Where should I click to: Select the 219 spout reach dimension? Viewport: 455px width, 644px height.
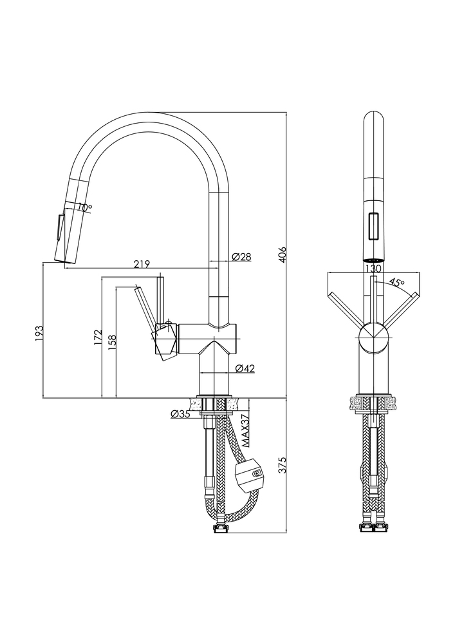tap(142, 263)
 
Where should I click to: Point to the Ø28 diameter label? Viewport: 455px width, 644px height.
tap(241, 256)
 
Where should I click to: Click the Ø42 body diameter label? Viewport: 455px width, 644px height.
tap(245, 369)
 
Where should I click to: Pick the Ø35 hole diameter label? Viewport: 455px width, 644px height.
tap(181, 415)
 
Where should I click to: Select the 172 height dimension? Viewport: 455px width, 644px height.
tap(97, 337)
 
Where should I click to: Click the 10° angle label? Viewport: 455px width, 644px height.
tap(85, 207)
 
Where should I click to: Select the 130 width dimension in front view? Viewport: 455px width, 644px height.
tap(373, 269)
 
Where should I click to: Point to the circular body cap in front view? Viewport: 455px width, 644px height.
tap(373, 337)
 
